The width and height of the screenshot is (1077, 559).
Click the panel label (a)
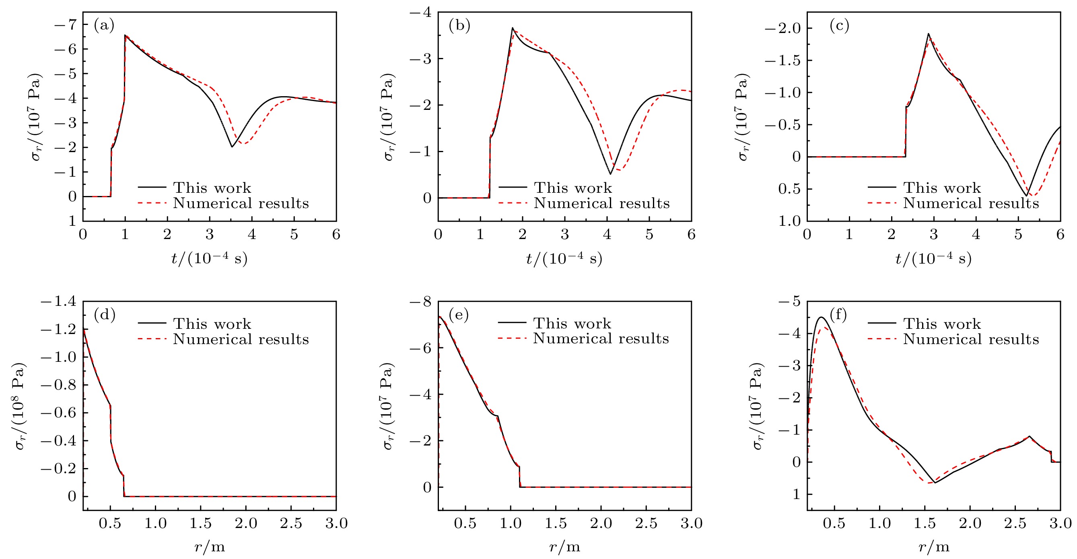click(x=104, y=26)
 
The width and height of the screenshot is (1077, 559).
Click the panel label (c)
click(x=839, y=26)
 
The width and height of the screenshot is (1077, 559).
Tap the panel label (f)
click(x=838, y=315)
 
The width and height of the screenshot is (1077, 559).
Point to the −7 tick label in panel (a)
click(x=66, y=24)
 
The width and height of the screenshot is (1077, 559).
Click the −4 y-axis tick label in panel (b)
click(x=420, y=12)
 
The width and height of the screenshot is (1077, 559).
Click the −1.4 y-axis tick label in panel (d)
click(x=58, y=301)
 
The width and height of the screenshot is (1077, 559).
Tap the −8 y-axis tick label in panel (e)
click(x=420, y=301)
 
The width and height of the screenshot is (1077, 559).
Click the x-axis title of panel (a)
click(x=210, y=259)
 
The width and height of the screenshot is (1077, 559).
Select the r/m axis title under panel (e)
click(x=564, y=547)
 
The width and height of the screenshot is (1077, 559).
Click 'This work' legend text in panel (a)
click(x=212, y=188)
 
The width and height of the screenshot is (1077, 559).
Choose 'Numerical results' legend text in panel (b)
click(x=601, y=203)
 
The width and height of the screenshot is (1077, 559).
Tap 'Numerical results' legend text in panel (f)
click(x=971, y=339)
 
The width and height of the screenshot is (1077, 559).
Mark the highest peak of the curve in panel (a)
click(x=125, y=35)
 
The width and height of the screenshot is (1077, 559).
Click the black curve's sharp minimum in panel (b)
click(x=610, y=174)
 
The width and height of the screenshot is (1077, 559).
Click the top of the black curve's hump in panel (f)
click(x=822, y=318)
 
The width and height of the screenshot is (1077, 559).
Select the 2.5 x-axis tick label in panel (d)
click(x=291, y=523)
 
